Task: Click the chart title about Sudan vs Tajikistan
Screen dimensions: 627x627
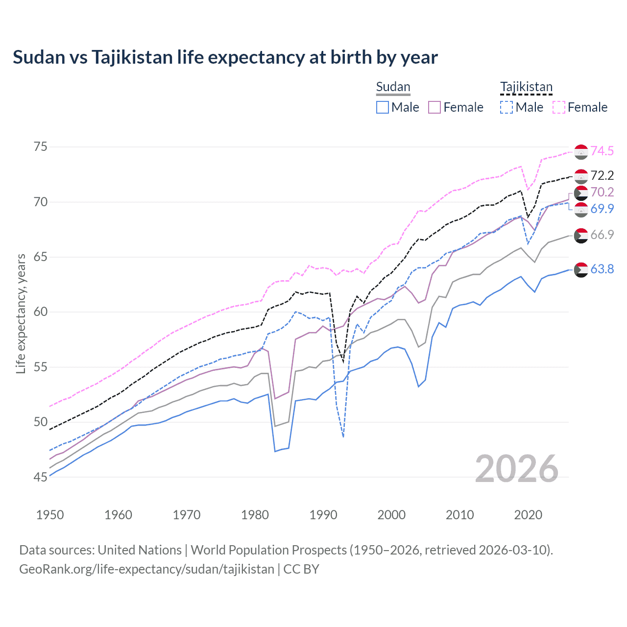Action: [x=225, y=57]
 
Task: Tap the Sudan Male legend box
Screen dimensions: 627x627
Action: [x=383, y=107]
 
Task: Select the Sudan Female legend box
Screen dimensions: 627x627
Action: [x=434, y=107]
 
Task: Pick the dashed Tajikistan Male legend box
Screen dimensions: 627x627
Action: [x=506, y=107]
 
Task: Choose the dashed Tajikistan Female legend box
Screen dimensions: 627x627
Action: [x=558, y=107]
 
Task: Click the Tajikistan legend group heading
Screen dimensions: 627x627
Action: [x=526, y=87]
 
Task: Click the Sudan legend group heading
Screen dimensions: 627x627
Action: [x=393, y=87]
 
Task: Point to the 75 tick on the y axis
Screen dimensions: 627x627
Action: [x=41, y=147]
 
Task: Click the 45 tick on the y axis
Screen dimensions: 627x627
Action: [x=41, y=477]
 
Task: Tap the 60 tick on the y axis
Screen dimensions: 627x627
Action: [x=41, y=312]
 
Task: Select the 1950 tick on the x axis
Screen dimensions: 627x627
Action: [x=50, y=515]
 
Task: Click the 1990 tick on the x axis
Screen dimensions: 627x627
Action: [x=323, y=515]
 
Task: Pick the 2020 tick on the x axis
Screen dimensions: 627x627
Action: [x=528, y=515]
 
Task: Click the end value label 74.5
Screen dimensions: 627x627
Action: [x=602, y=151]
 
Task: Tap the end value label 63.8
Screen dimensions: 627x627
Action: [x=602, y=269]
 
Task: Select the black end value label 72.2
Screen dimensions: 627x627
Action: [x=602, y=176]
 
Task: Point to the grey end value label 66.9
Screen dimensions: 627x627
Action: [x=602, y=235]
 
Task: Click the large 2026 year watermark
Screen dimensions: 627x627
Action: [x=517, y=469]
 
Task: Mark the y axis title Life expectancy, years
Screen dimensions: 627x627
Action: [x=21, y=313]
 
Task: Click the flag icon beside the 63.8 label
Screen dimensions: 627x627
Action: [x=581, y=270]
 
